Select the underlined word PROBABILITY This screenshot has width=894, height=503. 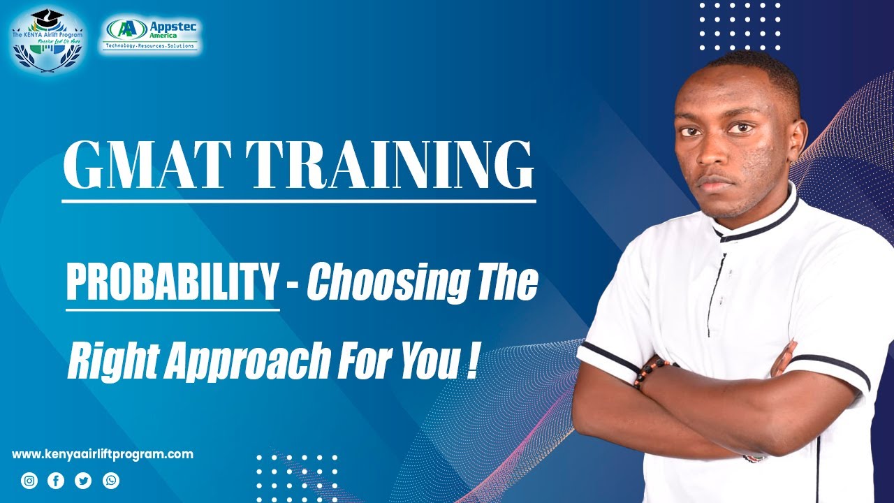[173, 282]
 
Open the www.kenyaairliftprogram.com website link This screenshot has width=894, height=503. [103, 454]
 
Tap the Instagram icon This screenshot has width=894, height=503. [29, 481]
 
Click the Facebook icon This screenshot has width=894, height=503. [56, 481]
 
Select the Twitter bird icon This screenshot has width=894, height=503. [83, 481]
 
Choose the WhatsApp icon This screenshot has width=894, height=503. [111, 481]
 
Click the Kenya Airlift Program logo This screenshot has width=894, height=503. [47, 40]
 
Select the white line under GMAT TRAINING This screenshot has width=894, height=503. [298, 202]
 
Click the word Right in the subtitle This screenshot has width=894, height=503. [105, 363]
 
